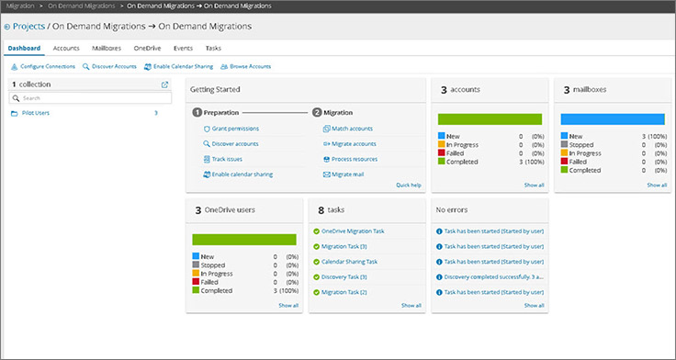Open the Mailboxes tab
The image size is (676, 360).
(x=107, y=48)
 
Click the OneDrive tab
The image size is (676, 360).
(x=147, y=48)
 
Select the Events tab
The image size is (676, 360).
(x=182, y=48)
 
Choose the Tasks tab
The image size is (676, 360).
(x=213, y=48)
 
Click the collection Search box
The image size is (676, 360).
(x=89, y=97)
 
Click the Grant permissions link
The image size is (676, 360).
(x=235, y=129)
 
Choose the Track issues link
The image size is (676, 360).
(x=229, y=159)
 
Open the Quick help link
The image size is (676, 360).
(x=408, y=185)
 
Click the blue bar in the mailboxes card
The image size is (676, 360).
(x=612, y=118)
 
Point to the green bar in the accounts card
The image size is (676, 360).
(x=490, y=118)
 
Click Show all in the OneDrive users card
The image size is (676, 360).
(x=288, y=305)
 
